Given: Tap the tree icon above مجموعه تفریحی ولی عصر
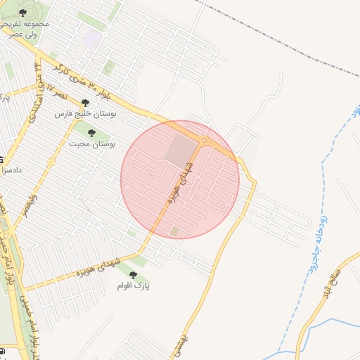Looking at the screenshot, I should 22,13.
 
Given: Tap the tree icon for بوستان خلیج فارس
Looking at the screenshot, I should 86,103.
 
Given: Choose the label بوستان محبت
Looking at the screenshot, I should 92,143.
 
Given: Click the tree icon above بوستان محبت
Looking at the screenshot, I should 91,132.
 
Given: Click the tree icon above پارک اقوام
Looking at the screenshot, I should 132,274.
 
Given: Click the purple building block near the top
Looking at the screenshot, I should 92,39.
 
